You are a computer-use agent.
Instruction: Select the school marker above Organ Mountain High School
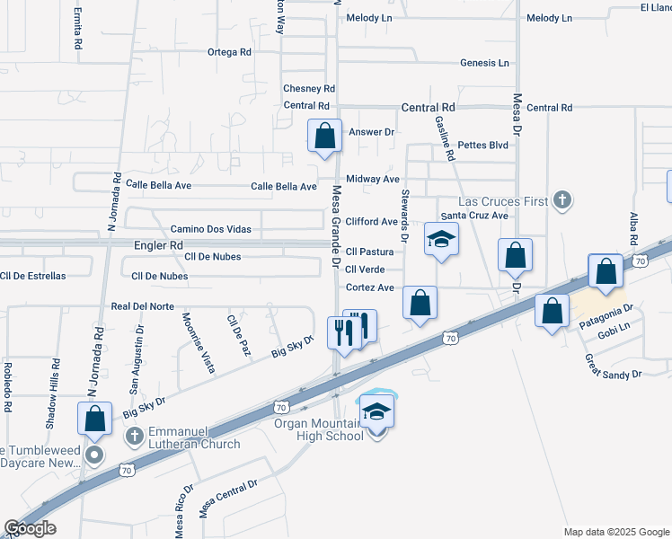(x=377, y=412)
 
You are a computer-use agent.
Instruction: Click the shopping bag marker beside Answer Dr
(x=325, y=137)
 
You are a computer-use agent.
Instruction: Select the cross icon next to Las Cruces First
(x=561, y=199)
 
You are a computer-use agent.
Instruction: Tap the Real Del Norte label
(x=142, y=306)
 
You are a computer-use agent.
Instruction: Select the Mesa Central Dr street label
(x=228, y=498)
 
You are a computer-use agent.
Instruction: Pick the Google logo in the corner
(x=30, y=527)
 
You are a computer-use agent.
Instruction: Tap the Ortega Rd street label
(x=229, y=52)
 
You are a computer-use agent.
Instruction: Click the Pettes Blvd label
(x=483, y=145)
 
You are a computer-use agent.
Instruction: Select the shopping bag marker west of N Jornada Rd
(x=94, y=420)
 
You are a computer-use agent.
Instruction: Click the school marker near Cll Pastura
(x=442, y=239)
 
